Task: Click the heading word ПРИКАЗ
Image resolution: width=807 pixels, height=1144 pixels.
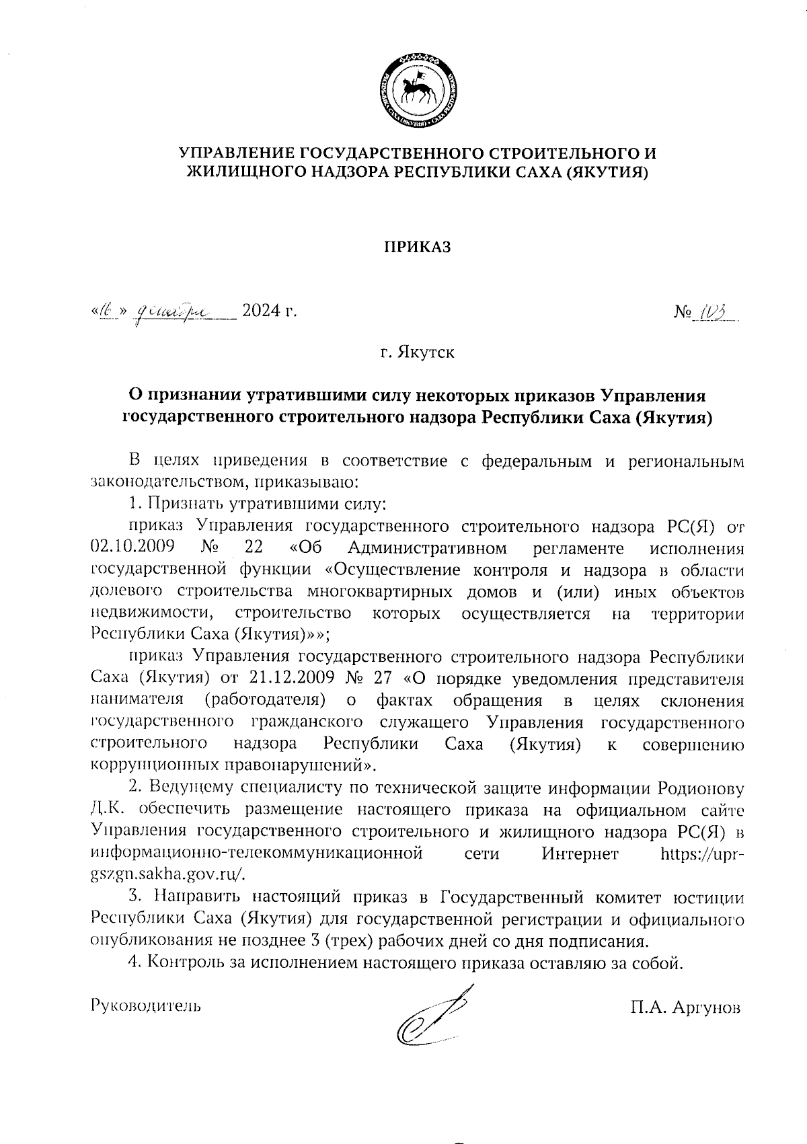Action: (x=417, y=247)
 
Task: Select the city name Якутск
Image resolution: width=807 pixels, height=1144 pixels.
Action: (x=425, y=352)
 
